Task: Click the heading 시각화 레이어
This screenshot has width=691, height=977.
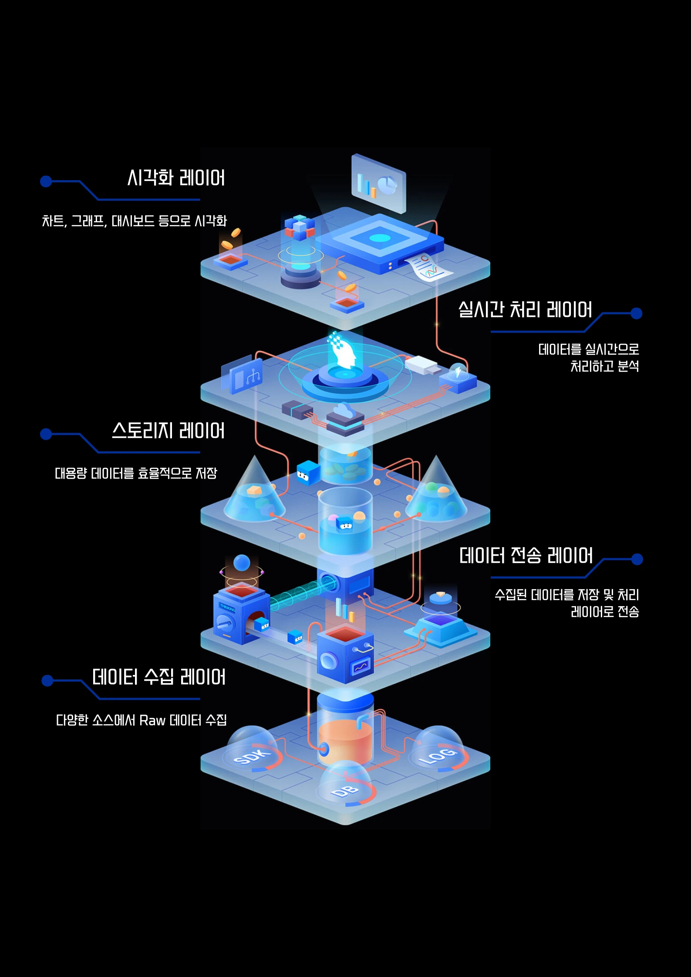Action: (176, 178)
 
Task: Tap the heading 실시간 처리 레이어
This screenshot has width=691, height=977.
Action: (525, 310)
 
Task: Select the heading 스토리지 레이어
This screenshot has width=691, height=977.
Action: (169, 431)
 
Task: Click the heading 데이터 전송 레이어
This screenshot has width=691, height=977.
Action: (526, 556)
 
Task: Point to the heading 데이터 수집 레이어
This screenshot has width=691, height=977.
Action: (159, 677)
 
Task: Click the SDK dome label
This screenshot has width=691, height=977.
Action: (252, 757)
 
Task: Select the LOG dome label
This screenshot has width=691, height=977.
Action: (438, 756)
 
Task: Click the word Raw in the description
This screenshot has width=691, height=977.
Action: (152, 721)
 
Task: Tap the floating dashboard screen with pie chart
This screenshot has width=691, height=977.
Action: (378, 183)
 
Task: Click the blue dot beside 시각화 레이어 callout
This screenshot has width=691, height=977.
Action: (46, 181)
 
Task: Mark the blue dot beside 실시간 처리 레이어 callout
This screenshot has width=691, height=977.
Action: (636, 313)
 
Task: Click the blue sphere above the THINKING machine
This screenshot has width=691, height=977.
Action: (242, 563)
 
